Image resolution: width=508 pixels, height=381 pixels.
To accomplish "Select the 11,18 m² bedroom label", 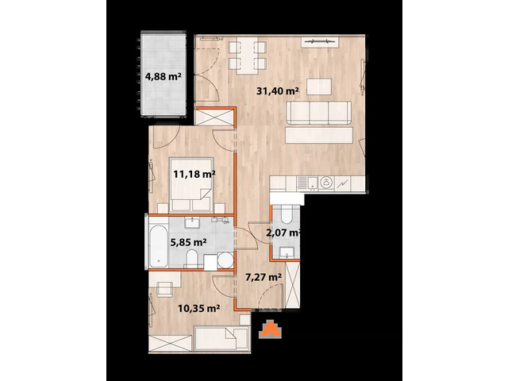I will tap(194, 174).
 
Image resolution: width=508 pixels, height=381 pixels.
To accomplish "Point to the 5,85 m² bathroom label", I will tap(189, 242).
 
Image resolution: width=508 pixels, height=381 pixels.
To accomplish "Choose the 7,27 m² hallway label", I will tap(264, 277).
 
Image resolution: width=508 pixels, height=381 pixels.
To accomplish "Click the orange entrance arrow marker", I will tap(271, 329).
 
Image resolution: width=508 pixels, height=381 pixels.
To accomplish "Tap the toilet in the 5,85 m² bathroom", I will tap(192, 256).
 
